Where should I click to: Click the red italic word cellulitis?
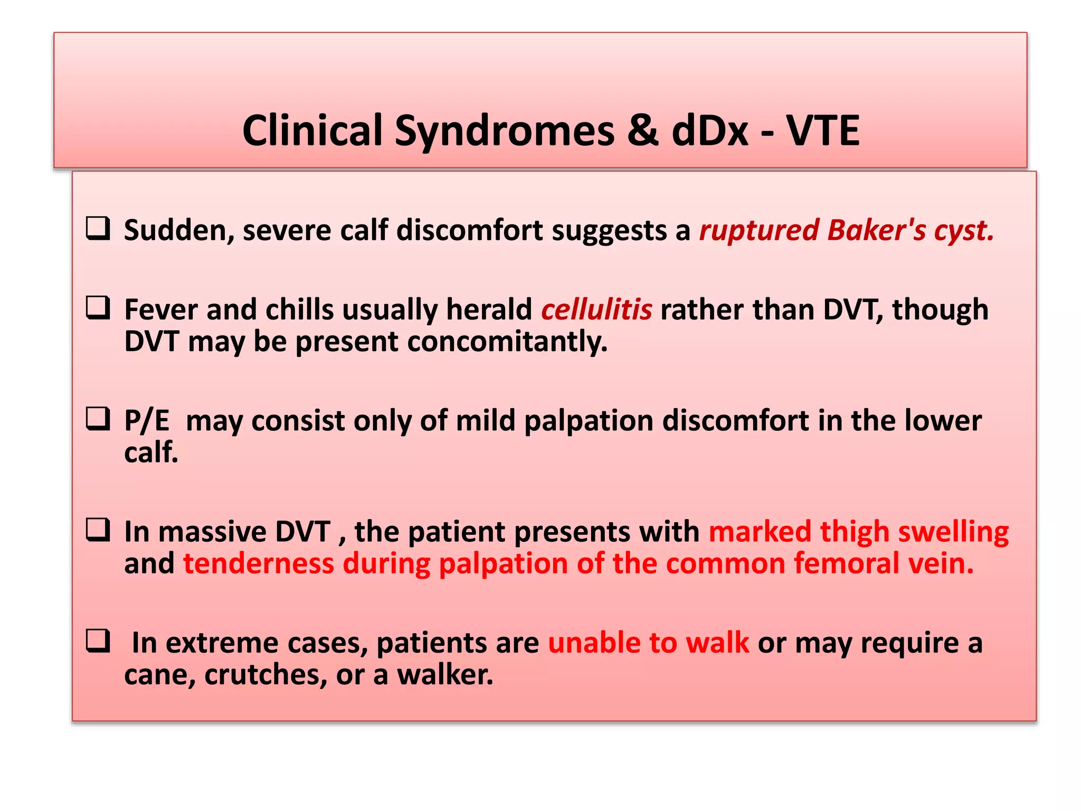(596, 309)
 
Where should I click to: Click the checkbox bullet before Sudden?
(98, 229)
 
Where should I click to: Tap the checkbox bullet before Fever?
(98, 308)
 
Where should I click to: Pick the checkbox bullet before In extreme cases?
(98, 641)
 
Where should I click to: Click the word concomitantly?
(507, 342)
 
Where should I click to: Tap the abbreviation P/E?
(147, 421)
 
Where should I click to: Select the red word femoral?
(846, 563)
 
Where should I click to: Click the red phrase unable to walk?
(648, 643)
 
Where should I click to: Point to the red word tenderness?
(258, 563)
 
